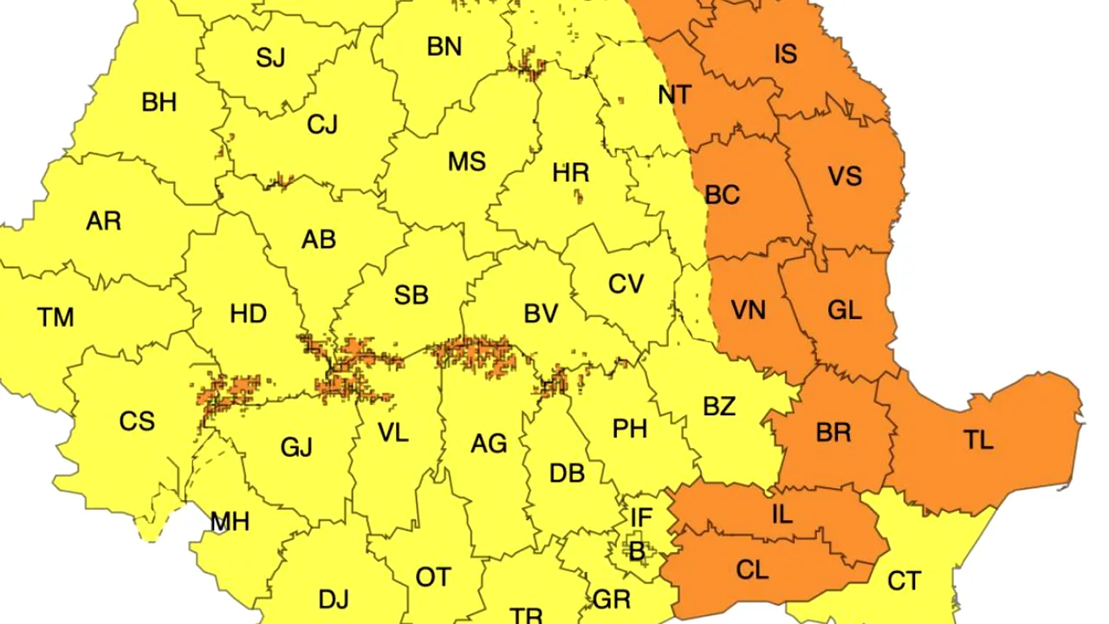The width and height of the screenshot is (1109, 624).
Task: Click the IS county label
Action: [x=785, y=55]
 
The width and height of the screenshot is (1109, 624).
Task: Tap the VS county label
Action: [x=845, y=177]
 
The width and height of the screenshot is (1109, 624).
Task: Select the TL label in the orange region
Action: [x=978, y=440]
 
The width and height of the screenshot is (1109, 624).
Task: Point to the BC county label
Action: [x=722, y=195]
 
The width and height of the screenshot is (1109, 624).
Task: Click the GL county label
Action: [x=845, y=309]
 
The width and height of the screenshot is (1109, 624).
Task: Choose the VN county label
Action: [x=748, y=309]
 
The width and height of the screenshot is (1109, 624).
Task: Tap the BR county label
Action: [x=833, y=432]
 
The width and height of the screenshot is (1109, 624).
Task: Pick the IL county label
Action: [x=781, y=514]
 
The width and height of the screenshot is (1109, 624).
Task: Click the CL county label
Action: [x=752, y=569]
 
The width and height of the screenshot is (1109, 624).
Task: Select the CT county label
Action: [x=904, y=581]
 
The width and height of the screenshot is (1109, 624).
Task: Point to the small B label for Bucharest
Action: [x=637, y=552]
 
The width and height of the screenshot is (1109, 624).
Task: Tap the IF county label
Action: [x=640, y=518]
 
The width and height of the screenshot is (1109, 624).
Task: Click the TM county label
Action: [x=55, y=317]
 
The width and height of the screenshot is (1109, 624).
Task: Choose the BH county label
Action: [x=159, y=102]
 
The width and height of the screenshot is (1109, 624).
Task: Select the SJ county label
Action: [x=270, y=58]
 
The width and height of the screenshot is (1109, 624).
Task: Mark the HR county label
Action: [x=570, y=172]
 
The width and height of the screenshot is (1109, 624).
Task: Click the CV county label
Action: [x=626, y=283]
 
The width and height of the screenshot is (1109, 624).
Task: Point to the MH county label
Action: [x=230, y=522]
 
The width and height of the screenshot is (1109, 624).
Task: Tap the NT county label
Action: [x=674, y=94]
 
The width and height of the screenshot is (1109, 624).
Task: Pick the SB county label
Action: [x=411, y=295]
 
